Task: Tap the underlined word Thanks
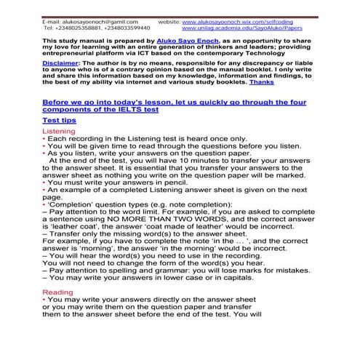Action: (262, 83)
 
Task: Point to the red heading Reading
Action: (57, 292)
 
